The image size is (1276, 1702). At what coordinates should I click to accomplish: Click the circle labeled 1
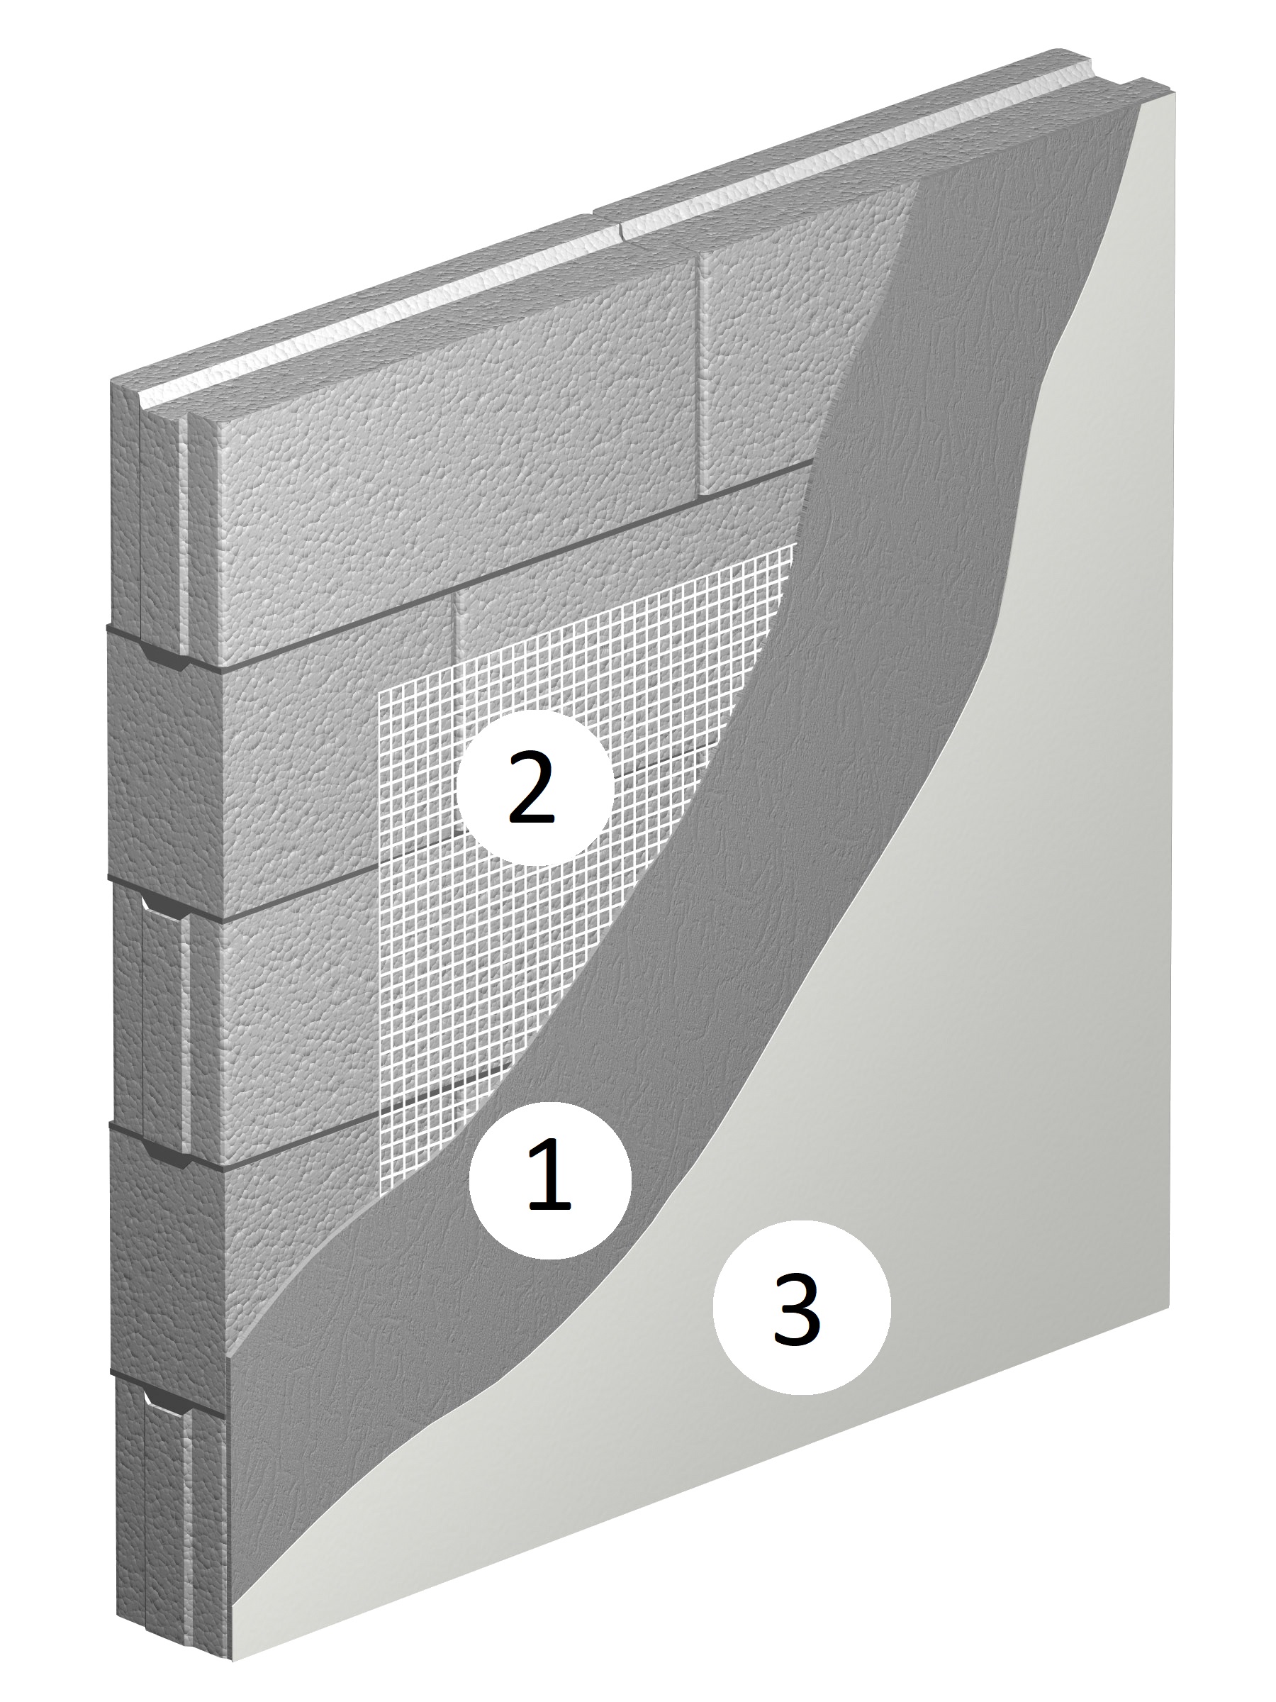pyautogui.click(x=549, y=1178)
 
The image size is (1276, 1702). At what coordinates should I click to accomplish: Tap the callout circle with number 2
pyautogui.click(x=535, y=787)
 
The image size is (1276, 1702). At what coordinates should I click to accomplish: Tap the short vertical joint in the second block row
pyautogui.click(x=455, y=628)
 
